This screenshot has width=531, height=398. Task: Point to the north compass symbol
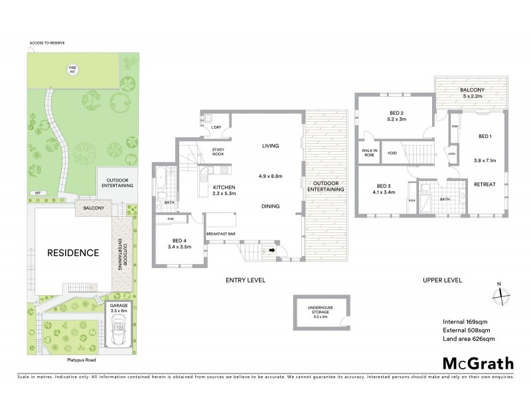(x=499, y=293)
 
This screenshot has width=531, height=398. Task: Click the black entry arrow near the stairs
(x=271, y=251)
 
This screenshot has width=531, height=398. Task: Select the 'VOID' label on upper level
(x=392, y=153)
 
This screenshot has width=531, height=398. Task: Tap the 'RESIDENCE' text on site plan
(x=72, y=253)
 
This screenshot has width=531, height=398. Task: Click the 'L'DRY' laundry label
(x=215, y=127)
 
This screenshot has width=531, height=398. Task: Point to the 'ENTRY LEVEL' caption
(x=245, y=281)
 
